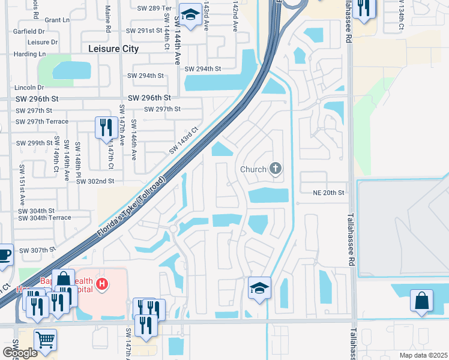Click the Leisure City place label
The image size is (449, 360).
(x=113, y=49)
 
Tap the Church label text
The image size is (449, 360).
(x=253, y=169)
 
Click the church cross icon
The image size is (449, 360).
(x=276, y=169)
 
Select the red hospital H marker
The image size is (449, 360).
(x=102, y=283)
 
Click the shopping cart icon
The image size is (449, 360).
(x=45, y=340)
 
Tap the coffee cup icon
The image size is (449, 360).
(x=4, y=254)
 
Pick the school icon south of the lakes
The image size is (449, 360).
(x=259, y=289)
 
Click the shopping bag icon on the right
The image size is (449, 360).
(x=421, y=301)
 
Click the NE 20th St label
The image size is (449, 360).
(x=328, y=193)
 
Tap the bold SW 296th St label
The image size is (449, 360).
(x=149, y=98)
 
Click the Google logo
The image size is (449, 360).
(x=19, y=352)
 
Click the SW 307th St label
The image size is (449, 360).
(x=37, y=250)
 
